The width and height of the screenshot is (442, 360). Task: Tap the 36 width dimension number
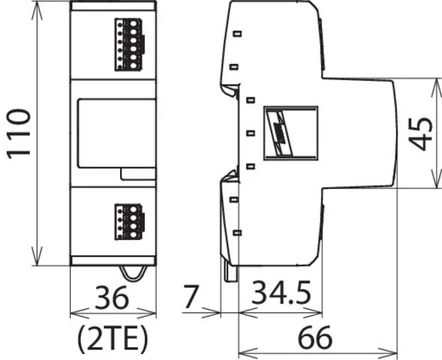click(112, 298)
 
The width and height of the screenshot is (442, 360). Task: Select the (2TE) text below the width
click(113, 338)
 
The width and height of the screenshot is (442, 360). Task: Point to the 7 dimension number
click(191, 295)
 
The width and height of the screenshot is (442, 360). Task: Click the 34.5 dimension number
click(281, 293)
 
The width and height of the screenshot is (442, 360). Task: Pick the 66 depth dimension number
click(315, 337)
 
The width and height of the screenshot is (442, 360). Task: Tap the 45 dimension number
click(420, 133)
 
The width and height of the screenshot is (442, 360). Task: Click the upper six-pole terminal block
click(130, 44)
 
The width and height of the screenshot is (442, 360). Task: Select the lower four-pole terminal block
click(130, 222)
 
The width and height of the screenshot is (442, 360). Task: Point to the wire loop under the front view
click(134, 274)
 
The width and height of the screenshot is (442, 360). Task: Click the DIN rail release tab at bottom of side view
click(230, 271)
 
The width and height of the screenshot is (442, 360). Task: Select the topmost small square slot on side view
click(237, 34)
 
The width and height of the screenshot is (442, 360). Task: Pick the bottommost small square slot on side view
click(237, 232)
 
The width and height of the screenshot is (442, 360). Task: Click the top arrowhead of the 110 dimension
click(38, 10)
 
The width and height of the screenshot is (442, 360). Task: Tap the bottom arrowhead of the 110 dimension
click(38, 256)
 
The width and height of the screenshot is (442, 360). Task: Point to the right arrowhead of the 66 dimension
click(387, 352)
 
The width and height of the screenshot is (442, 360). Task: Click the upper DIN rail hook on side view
click(230, 89)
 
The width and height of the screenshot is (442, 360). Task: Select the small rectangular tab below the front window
click(138, 174)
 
